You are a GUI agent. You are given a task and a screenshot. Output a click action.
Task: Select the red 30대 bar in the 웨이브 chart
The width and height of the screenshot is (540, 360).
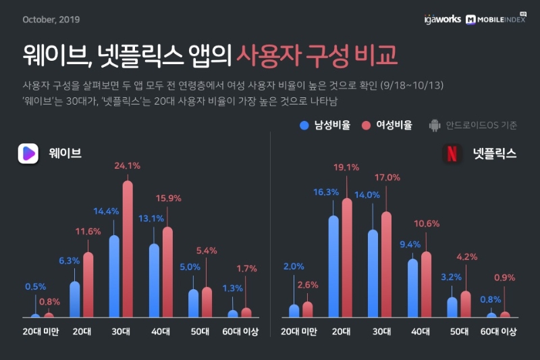[128, 250]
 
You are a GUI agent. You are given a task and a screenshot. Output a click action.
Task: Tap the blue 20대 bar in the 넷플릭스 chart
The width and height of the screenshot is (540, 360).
[333, 267]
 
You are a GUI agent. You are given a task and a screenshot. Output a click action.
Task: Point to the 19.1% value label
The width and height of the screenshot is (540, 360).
[346, 168]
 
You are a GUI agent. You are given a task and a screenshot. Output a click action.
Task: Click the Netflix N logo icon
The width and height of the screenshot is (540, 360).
[452, 154]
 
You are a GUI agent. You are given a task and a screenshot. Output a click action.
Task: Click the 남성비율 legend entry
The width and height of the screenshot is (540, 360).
[325, 125]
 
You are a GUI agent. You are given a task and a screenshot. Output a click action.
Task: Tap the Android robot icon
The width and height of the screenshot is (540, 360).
[435, 125]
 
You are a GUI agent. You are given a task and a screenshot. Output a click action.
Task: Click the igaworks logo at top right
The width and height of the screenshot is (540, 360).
[443, 19]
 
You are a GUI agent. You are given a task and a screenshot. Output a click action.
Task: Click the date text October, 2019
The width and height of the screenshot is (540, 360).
[51, 19]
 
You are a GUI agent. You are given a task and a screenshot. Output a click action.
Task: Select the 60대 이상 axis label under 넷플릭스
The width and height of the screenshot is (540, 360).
[498, 332]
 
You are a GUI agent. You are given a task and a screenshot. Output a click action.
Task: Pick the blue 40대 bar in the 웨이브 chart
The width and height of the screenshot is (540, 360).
[155, 280]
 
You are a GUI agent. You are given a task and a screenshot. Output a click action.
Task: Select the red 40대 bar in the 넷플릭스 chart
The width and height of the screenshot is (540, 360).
[426, 284]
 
